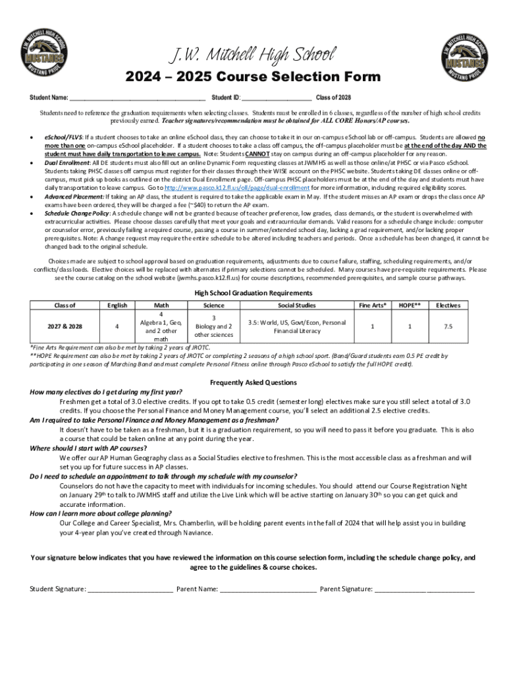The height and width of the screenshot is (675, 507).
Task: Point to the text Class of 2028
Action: (x=338, y=98)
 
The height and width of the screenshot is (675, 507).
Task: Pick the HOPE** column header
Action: (x=410, y=305)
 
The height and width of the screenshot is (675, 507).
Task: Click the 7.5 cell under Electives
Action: (x=448, y=326)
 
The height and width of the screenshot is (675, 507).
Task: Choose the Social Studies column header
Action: (x=297, y=305)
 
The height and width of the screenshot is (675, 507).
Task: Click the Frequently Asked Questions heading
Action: (x=254, y=382)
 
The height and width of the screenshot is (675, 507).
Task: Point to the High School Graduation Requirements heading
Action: (x=254, y=293)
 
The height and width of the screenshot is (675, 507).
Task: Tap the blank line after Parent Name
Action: (x=268, y=589)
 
